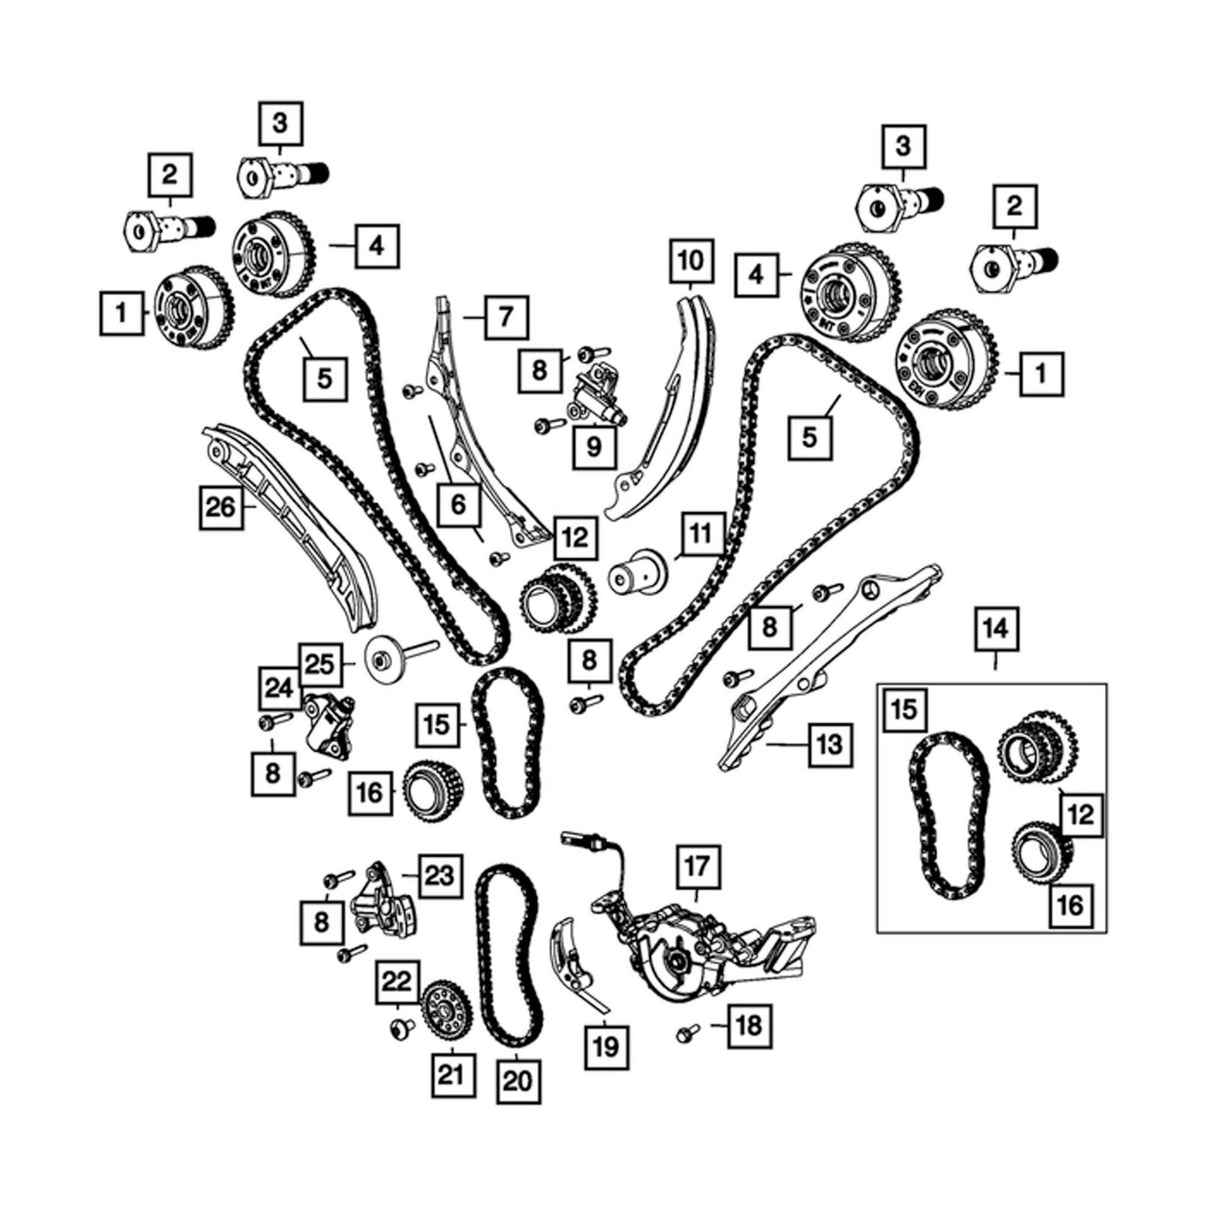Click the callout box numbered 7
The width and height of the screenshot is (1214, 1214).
[x=507, y=318]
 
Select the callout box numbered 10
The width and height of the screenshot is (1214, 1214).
[x=692, y=261]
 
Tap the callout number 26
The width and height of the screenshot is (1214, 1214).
[x=221, y=507]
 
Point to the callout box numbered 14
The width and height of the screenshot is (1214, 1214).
[x=996, y=629]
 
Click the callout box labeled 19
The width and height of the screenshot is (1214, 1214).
[x=605, y=1047]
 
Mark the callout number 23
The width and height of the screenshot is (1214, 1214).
[x=439, y=876]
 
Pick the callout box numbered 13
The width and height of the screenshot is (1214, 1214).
[x=831, y=745]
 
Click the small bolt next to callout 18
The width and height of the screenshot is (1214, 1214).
[x=687, y=1033]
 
